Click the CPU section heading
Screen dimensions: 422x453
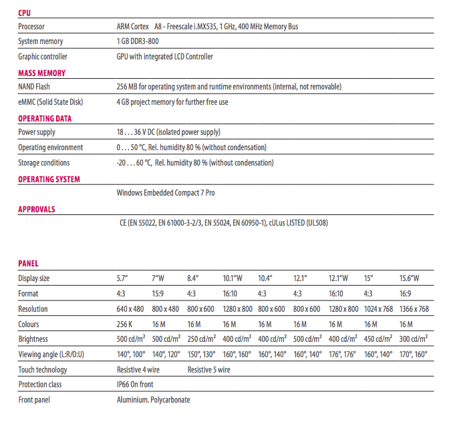point(25,12)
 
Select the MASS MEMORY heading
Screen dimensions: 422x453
point(41,73)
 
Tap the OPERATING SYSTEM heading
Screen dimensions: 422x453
point(49,179)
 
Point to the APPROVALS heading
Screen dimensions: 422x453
point(37,209)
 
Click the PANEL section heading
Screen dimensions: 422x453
point(28,264)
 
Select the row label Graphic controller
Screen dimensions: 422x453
point(43,57)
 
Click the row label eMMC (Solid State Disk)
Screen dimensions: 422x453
point(51,102)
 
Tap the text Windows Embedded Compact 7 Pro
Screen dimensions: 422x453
point(166,193)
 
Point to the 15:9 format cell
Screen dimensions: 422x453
point(159,294)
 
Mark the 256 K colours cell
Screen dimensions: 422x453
point(126,324)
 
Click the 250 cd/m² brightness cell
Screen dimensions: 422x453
point(201,339)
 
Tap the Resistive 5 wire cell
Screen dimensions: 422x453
point(208,369)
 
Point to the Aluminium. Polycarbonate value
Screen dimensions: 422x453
point(153,400)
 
